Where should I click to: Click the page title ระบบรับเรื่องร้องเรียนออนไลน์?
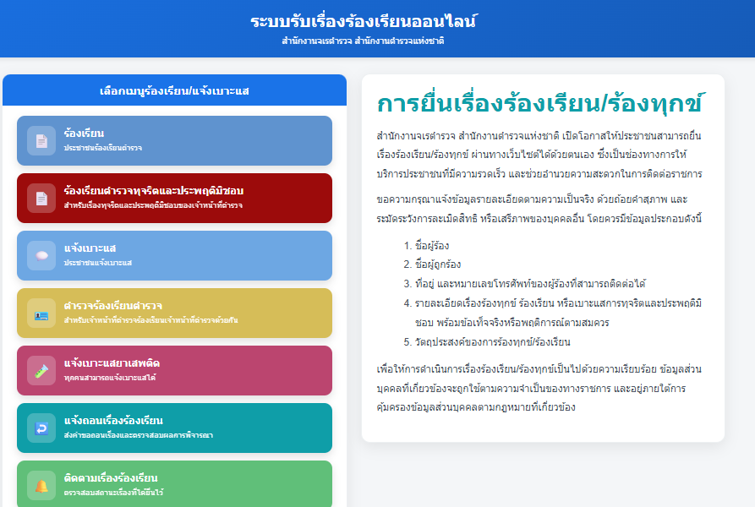364,21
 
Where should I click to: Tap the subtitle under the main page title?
363,41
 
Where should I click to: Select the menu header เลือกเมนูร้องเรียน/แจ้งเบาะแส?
174,91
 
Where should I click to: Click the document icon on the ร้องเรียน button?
41,141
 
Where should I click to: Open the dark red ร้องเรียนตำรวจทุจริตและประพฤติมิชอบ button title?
154,190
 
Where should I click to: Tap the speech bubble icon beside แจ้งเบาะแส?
41,255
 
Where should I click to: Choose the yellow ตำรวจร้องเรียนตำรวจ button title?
113,305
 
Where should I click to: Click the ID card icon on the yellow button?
41,315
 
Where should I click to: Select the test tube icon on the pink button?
41,371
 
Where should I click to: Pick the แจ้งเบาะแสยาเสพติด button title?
112,363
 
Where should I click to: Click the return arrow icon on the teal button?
41,428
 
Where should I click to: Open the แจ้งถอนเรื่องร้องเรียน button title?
113,421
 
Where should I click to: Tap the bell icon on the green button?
41,486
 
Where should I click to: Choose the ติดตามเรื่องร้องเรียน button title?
111,478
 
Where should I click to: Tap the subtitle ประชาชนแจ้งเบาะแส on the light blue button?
98,263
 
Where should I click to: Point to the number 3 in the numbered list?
407,284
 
